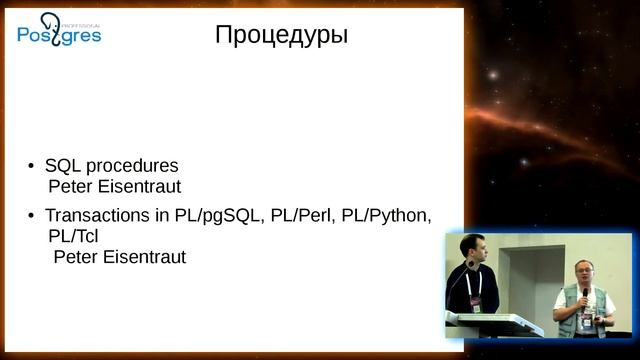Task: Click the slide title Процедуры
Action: (x=281, y=36)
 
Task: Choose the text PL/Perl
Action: (x=297, y=216)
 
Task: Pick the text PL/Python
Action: (x=384, y=216)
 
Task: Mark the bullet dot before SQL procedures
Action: (x=33, y=167)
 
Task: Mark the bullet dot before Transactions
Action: (x=33, y=217)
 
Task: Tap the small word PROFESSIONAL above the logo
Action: (x=77, y=17)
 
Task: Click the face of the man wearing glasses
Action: (x=582, y=272)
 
